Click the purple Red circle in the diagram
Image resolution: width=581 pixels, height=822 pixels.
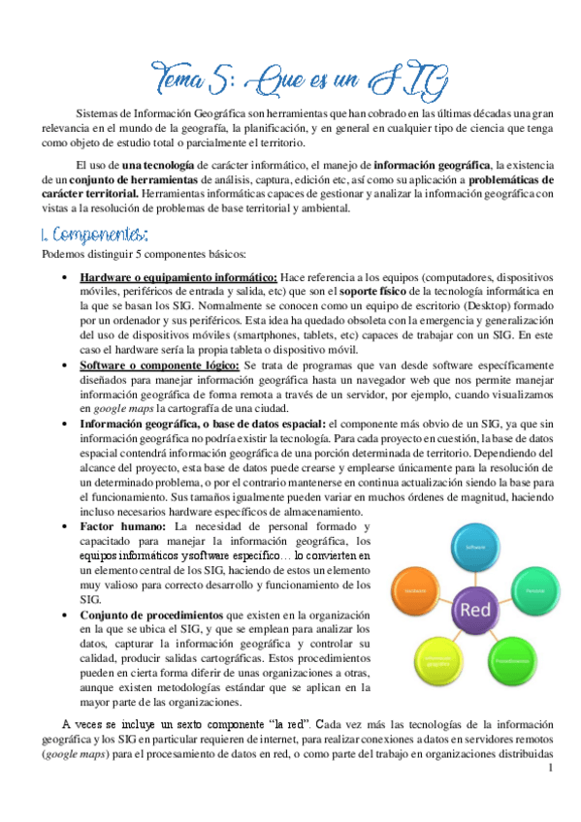475,610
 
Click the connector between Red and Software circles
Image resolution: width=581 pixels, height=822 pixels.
475,574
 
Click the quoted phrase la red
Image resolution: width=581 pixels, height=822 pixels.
281,724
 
